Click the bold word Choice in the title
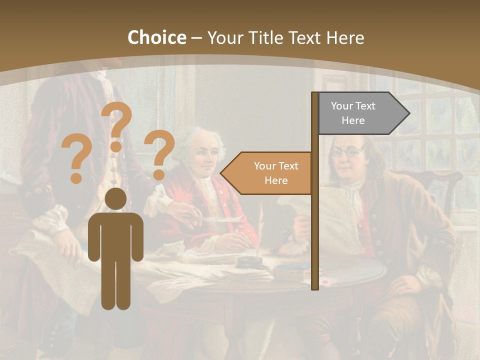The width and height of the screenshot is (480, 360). (x=156, y=38)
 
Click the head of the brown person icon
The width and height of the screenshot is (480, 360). (x=115, y=199)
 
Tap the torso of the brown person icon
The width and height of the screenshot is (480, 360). (x=115, y=235)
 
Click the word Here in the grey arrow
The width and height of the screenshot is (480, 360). (x=353, y=120)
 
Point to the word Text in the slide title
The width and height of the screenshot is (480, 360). (x=305, y=38)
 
